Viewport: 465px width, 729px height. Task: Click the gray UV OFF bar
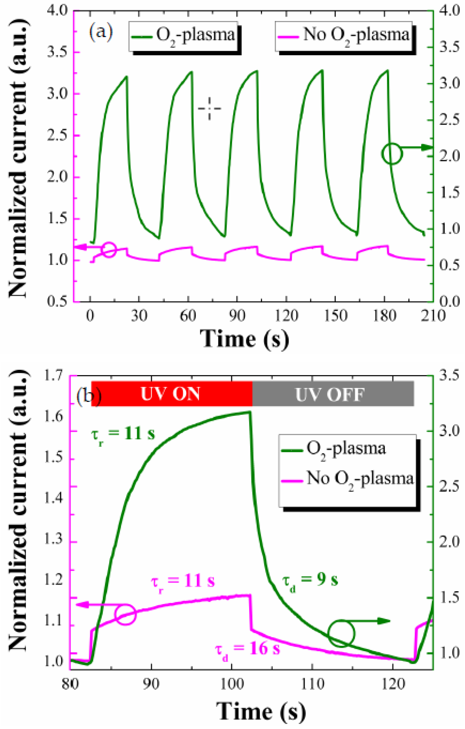tap(333, 394)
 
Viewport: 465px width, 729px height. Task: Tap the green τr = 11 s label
tap(123, 433)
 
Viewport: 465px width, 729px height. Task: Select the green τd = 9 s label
tap(310, 579)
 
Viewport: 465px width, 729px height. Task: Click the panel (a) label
tap(100, 31)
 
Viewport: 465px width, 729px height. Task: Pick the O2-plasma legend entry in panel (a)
tap(183, 35)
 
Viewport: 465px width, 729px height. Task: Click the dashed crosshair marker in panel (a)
tap(209, 108)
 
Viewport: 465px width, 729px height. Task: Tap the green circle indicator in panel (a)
tap(392, 154)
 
